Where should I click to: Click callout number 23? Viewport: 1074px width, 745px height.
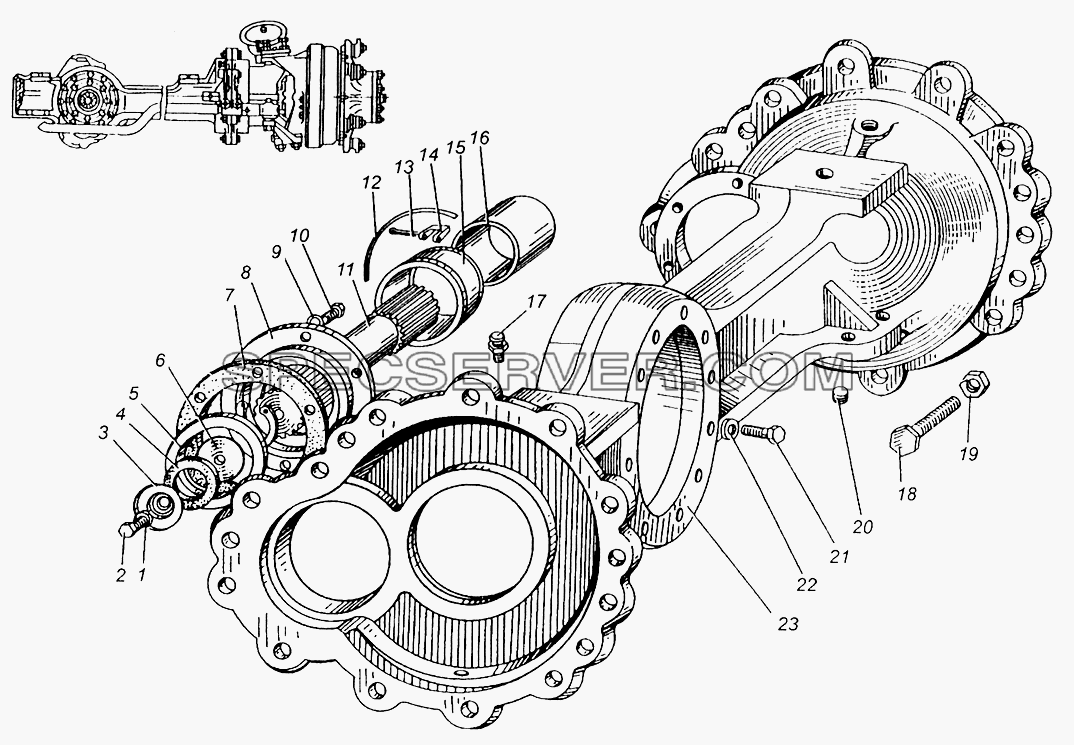pos(788,624)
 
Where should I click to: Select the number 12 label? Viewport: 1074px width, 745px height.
pos(371,184)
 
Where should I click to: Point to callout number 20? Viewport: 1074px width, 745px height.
pos(862,526)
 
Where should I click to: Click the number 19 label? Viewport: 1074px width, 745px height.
pos(969,453)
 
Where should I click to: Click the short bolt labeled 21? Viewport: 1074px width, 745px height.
pos(762,433)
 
